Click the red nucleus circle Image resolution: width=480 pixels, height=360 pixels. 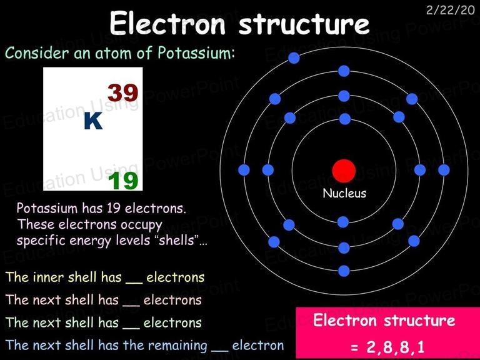(344, 171)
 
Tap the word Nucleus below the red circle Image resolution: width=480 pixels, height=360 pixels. (344, 193)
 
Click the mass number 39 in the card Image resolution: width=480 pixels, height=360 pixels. (122, 92)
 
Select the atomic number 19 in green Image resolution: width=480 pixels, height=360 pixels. (123, 181)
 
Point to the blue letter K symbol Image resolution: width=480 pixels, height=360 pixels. (93, 121)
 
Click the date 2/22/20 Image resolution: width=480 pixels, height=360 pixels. (450, 10)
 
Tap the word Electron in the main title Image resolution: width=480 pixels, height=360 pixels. (167, 24)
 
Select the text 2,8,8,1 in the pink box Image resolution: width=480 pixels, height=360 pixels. (396, 347)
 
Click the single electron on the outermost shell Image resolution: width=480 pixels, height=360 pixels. (294, 58)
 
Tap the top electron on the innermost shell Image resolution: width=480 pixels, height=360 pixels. (345, 119)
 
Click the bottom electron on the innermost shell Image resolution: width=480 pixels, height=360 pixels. (343, 222)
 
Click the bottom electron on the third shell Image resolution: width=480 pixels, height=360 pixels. (344, 271)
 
